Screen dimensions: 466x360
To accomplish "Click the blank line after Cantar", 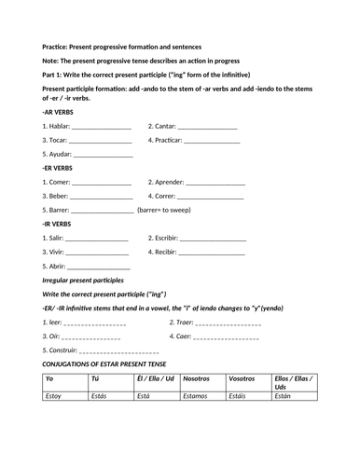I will pos(206,128).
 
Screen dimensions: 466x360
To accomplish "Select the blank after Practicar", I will pos(214,142).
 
